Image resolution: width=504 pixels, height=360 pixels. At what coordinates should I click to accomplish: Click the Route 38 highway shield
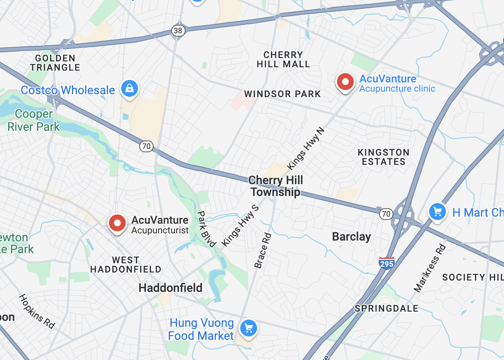pyautogui.click(x=178, y=30)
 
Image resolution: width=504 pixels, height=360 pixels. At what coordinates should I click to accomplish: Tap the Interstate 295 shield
pyautogui.click(x=386, y=263)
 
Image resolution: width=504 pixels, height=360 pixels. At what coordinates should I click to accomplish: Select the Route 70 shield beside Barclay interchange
pyautogui.click(x=385, y=214)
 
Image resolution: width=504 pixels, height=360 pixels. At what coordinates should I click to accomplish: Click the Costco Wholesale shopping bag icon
pyautogui.click(x=129, y=88)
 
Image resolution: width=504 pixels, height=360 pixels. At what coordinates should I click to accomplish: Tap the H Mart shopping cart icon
pyautogui.click(x=437, y=212)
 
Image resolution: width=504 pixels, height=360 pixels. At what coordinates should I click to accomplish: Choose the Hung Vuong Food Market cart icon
pyautogui.click(x=248, y=328)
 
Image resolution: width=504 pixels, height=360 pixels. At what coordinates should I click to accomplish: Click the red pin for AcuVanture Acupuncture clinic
pyautogui.click(x=345, y=82)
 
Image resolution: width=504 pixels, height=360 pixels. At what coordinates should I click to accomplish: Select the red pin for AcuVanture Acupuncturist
pyautogui.click(x=117, y=223)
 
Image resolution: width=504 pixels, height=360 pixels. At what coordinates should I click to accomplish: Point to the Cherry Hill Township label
pyautogui.click(x=276, y=186)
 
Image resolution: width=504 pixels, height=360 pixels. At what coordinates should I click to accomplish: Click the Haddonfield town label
pyautogui.click(x=170, y=288)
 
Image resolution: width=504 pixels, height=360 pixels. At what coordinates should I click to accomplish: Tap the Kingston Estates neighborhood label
pyautogui.click(x=383, y=157)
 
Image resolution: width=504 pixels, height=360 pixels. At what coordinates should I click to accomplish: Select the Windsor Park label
pyautogui.click(x=282, y=94)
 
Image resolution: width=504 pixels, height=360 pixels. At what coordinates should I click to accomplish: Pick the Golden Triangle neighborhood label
pyautogui.click(x=55, y=63)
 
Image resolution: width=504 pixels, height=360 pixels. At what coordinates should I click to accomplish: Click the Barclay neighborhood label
pyautogui.click(x=351, y=237)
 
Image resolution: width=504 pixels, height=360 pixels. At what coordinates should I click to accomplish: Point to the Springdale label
pyautogui.click(x=386, y=309)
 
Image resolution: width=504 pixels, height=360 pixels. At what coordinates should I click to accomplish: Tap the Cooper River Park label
pyautogui.click(x=34, y=120)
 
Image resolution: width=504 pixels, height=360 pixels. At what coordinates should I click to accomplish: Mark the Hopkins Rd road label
pyautogui.click(x=37, y=311)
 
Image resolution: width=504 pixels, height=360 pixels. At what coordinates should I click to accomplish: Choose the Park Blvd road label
pyautogui.click(x=207, y=229)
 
